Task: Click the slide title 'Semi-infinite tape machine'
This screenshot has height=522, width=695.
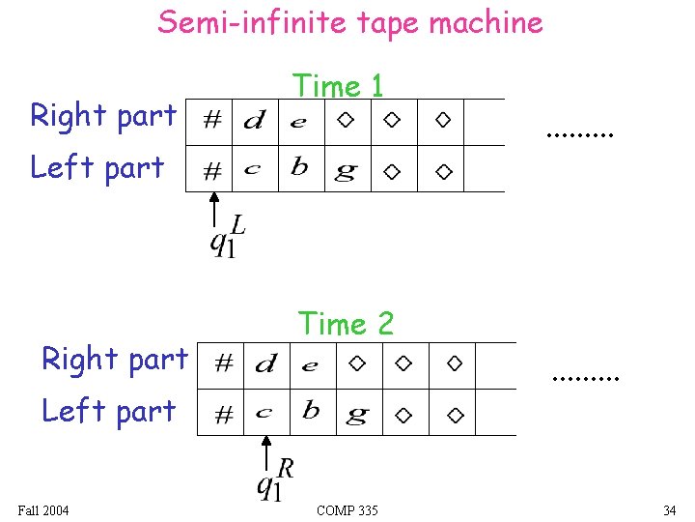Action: (350, 21)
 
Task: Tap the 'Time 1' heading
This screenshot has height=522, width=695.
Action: (339, 86)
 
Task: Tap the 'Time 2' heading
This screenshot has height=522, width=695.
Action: (346, 324)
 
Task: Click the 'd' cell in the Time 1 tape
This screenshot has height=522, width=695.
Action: (255, 122)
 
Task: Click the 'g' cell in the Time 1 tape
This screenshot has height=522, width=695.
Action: (345, 171)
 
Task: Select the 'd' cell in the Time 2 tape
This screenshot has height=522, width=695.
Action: (265, 364)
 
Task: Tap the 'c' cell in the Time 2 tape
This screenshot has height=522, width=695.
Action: (264, 413)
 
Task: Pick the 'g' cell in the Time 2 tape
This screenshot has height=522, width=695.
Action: (356, 415)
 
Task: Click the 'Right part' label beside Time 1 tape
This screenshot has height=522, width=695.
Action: (103, 116)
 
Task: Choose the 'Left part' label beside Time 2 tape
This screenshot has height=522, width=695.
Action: (108, 411)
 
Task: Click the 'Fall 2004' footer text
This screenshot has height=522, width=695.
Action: (43, 510)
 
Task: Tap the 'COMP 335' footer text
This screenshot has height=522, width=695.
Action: (347, 510)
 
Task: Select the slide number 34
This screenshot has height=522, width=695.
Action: (669, 510)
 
